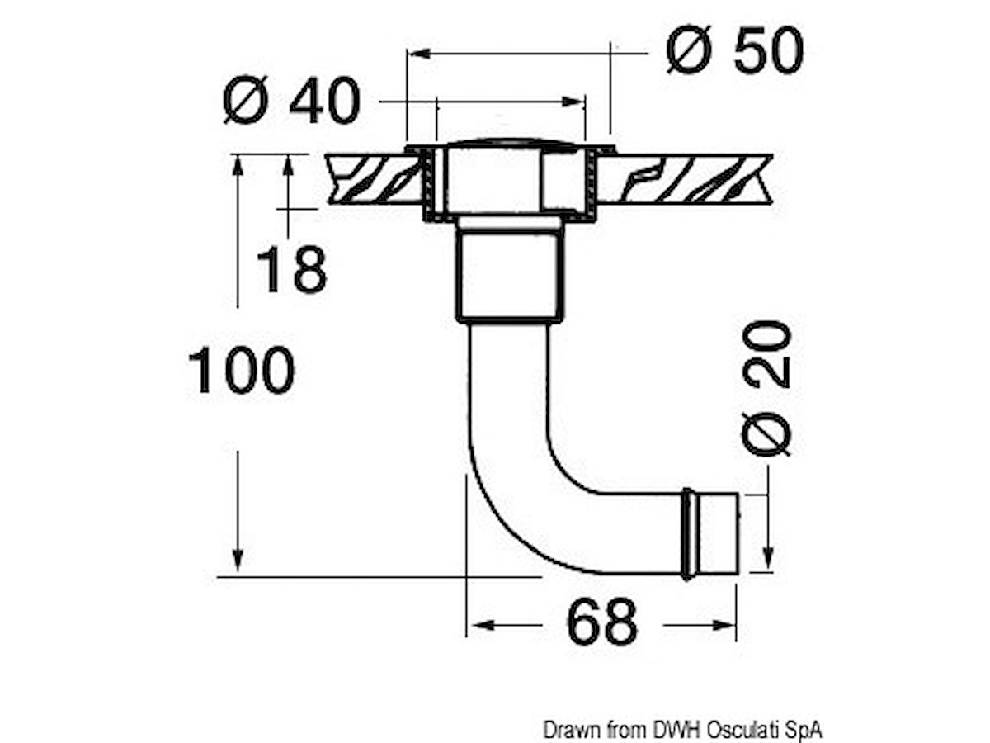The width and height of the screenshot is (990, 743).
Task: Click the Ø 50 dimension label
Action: [x=734, y=50]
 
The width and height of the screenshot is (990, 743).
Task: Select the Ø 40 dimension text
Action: [x=291, y=100]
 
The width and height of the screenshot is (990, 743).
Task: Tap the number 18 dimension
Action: [x=291, y=270]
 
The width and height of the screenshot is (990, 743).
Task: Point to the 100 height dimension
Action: [x=241, y=370]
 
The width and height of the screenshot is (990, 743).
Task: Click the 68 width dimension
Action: [x=601, y=622]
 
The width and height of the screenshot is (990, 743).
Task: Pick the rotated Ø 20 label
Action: [x=766, y=388]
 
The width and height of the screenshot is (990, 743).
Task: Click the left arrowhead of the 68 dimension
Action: [x=480, y=625]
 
